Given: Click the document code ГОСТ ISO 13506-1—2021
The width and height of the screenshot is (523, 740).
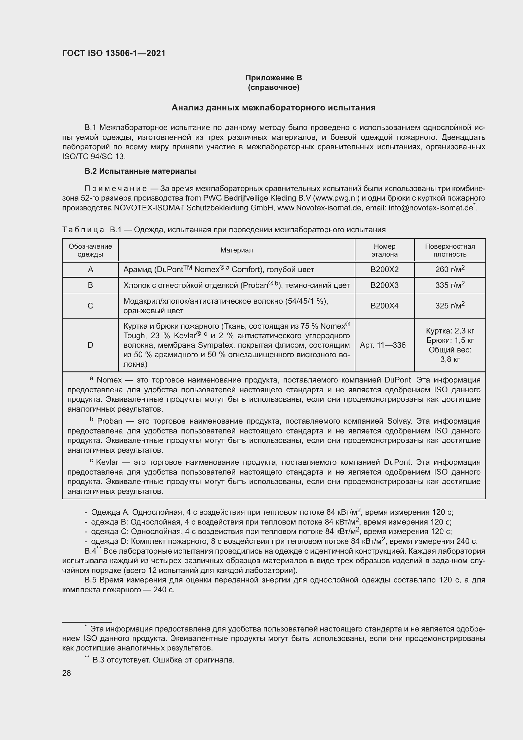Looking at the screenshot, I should coord(114,53).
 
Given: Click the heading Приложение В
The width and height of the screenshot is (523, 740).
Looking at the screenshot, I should coord(274,78).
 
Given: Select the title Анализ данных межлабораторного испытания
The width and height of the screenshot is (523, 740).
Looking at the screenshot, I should coord(274,108).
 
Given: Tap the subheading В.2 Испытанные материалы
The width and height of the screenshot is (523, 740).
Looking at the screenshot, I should coord(140,171).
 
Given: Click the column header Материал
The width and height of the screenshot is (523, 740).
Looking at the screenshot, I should coord(237,250).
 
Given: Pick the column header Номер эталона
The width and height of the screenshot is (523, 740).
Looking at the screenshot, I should coord(384,250).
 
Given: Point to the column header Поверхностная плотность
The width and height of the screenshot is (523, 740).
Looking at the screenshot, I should coord(450,250).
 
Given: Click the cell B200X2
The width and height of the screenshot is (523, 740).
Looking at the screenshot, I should coord(384,270).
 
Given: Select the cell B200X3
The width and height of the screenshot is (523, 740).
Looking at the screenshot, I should coord(384,285).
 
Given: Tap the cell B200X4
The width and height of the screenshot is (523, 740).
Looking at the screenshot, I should coord(384,306).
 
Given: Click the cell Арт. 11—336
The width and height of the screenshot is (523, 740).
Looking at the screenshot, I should coord(383,345).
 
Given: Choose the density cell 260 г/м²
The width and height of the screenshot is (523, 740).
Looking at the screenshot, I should coord(450,269).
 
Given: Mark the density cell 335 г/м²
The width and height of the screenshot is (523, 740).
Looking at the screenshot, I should coord(450,285).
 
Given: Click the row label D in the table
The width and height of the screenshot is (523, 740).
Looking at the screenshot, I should coord(90,345).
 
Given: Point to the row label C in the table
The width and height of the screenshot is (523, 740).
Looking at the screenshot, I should coord(90,306).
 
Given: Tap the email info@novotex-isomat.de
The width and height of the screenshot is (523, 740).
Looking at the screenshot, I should coord(431,208).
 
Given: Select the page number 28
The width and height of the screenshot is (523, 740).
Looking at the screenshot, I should coord(66,673).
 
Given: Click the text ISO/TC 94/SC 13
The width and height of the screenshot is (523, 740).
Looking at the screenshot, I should coord(94,157).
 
